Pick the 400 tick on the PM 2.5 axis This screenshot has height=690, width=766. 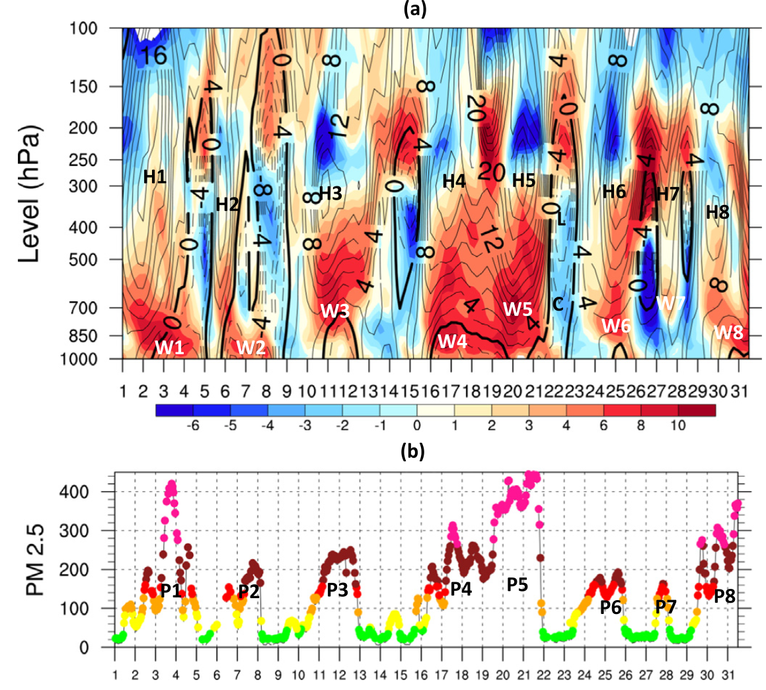97,492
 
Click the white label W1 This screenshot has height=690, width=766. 169,348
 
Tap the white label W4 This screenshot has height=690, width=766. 452,342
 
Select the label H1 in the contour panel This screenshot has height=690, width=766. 155,177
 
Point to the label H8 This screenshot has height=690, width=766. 717,212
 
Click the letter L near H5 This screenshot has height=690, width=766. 561,219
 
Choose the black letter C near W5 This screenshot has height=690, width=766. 557,305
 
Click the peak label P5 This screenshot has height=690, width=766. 517,584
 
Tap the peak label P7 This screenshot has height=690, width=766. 666,606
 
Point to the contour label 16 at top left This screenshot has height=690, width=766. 152,56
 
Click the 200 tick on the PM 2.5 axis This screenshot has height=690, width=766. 97,570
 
